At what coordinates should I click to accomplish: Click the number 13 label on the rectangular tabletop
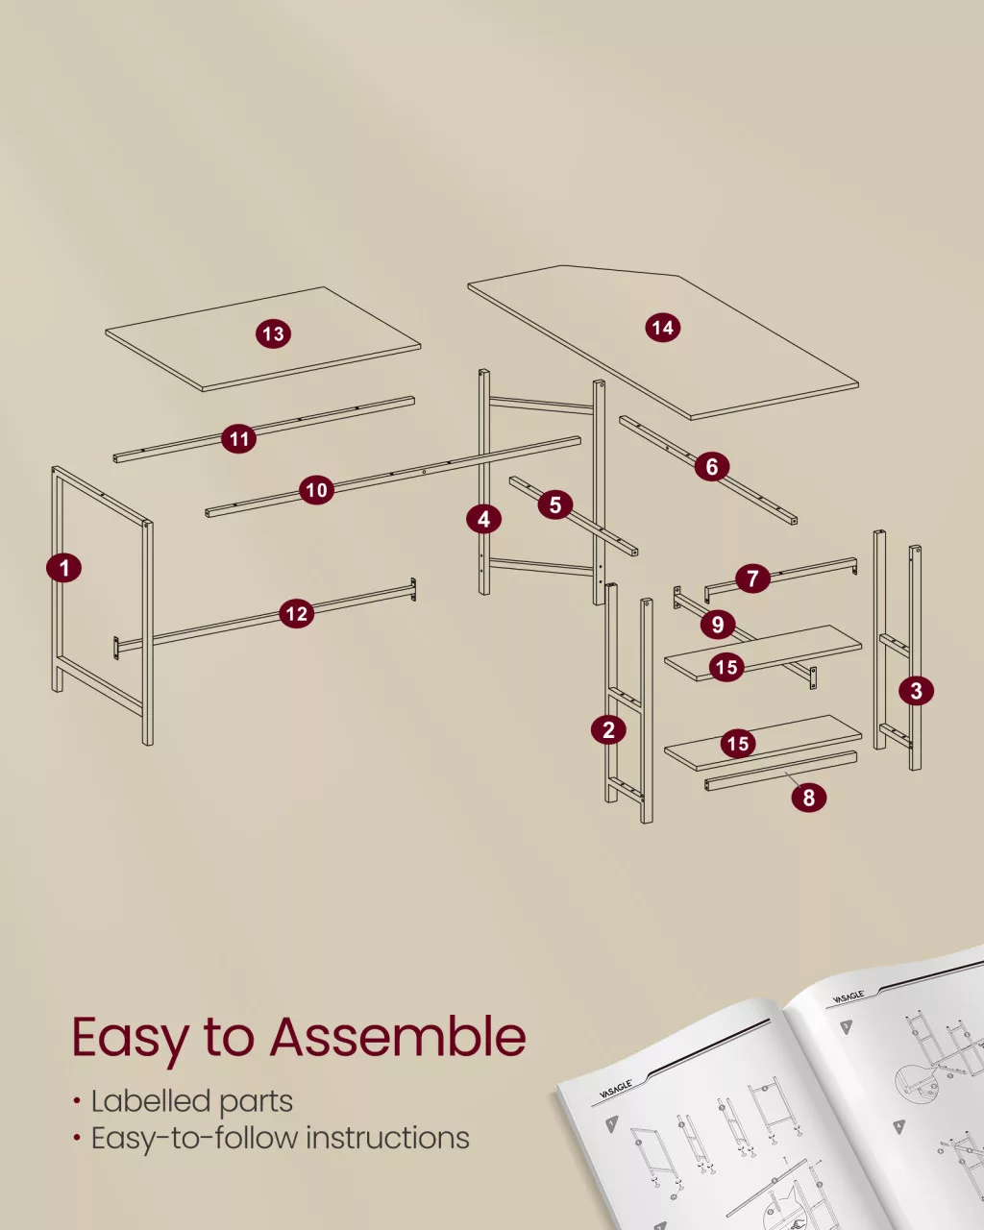tap(273, 333)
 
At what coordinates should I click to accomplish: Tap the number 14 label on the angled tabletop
tap(663, 328)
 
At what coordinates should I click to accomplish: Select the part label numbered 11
tap(239, 439)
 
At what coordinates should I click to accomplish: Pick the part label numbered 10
tap(317, 490)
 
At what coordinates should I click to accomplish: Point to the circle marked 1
tap(64, 568)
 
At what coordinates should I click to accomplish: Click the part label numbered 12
tap(297, 613)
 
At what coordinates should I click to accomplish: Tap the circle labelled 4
tap(483, 519)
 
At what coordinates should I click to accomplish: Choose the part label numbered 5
tap(555, 504)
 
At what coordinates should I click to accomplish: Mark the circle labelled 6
tap(712, 466)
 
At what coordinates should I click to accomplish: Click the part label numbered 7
tap(752, 578)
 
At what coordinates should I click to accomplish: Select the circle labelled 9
tap(718, 625)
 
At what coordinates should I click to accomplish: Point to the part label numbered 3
tap(916, 691)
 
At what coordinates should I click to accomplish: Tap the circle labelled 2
tap(609, 730)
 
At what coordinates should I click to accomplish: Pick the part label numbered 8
tap(808, 797)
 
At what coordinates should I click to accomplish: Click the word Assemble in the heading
tap(398, 1038)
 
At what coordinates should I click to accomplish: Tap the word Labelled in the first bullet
tap(148, 1101)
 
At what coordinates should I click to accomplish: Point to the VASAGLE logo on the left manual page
tap(616, 1089)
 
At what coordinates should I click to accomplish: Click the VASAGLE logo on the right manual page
tap(848, 997)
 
